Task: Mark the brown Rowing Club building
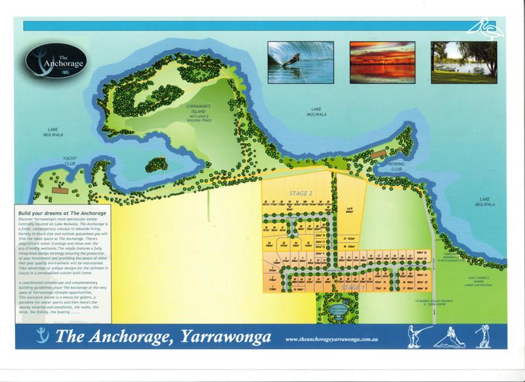pyautogui.click(x=376, y=155)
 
